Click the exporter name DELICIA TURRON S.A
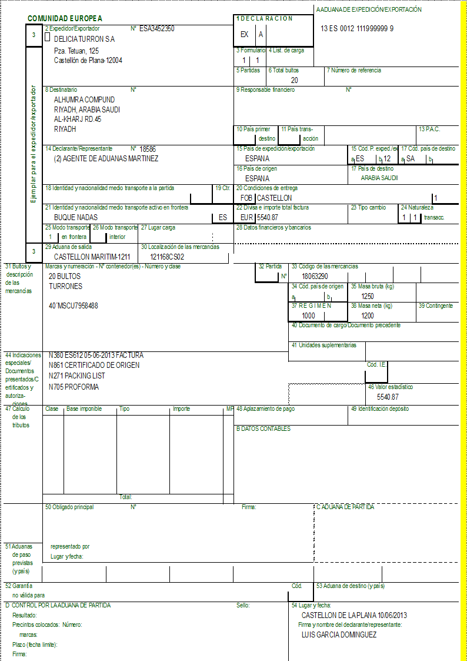tap(84, 39)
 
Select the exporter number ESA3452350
tap(156, 28)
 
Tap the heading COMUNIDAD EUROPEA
tap(65, 19)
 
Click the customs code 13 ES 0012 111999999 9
tap(358, 28)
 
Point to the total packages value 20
tap(294, 80)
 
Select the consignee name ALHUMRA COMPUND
tap(84, 99)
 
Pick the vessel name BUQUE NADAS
tap(76, 217)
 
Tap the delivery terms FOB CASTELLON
tap(266, 198)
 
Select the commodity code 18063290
tap(315, 275)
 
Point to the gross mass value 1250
tap(368, 296)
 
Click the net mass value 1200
tap(368, 315)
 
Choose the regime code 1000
tap(309, 315)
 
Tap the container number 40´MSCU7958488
tap(74, 306)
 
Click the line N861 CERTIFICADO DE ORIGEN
tap(94, 366)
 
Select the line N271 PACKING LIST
tap(77, 376)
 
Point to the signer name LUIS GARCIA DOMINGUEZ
tap(339, 635)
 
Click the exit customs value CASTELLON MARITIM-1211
tap(92, 257)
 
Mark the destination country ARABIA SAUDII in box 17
tap(379, 178)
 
